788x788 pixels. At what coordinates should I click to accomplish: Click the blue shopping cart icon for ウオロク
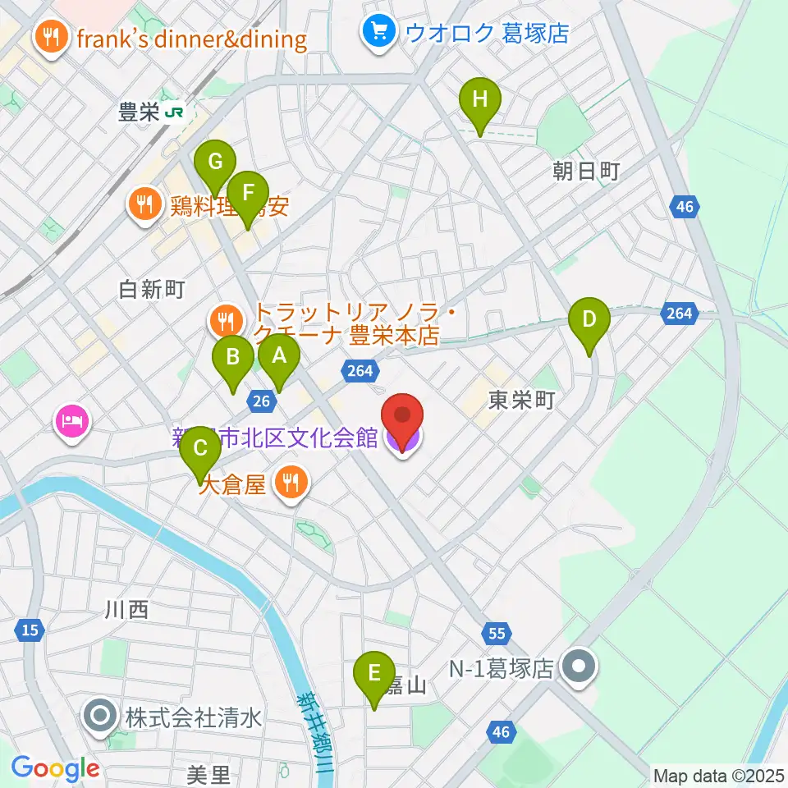[378, 33]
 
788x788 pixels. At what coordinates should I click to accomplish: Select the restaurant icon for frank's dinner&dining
[51, 38]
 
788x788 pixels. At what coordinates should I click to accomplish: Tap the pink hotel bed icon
[71, 422]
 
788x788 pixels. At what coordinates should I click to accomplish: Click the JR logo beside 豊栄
[174, 112]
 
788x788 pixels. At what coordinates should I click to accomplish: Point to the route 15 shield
[30, 630]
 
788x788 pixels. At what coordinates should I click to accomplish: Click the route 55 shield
[497, 633]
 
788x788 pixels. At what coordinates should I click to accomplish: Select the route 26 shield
[260, 400]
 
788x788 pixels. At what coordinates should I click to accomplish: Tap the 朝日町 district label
[585, 171]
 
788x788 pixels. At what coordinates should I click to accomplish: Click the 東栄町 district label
[521, 400]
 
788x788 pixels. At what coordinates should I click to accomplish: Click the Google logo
[56, 768]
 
